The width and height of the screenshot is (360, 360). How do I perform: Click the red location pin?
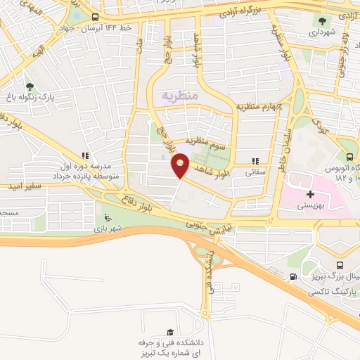[180, 165]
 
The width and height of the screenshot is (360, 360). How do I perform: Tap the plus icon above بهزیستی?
[310, 193]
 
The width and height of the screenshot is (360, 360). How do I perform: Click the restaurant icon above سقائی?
[256, 160]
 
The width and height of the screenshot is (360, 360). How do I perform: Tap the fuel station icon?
[292, 277]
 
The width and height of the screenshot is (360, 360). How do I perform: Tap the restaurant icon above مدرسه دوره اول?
[84, 155]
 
